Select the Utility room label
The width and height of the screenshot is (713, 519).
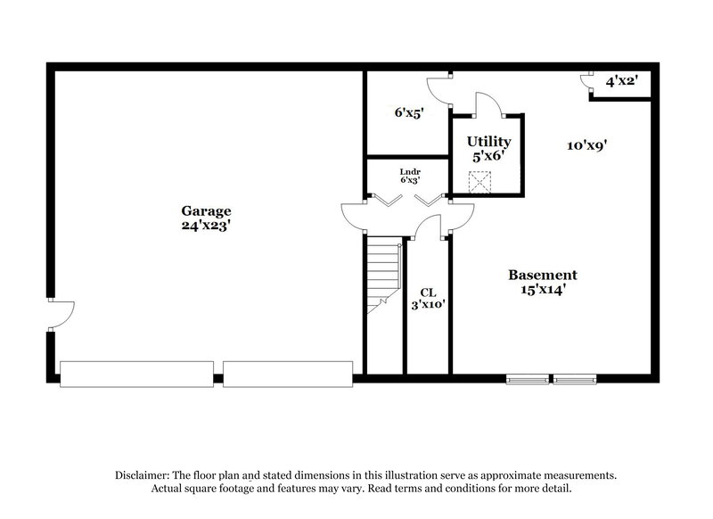pos(489,141)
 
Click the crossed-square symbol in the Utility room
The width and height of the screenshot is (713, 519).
pos(481,182)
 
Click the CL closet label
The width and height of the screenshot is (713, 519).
pos(428,291)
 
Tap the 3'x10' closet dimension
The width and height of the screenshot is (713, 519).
pos(428,305)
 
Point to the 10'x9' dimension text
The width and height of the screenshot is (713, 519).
pos(587,145)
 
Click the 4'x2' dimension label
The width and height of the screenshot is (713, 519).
pos(621,81)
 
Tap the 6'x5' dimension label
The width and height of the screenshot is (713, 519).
pos(408,112)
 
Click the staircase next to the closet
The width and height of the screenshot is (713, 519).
pos(383,276)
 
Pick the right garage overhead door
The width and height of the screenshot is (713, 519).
pos(287,374)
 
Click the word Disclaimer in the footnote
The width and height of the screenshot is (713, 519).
pos(145,475)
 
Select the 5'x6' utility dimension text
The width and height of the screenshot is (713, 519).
pos(489,155)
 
